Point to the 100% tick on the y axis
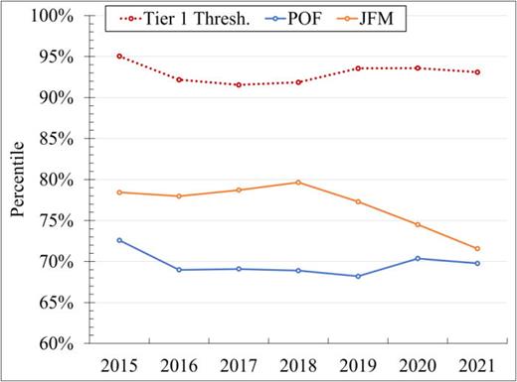tap(52, 16)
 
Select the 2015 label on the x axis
tap(119, 364)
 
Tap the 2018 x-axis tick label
tap(298, 364)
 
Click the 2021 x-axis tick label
tap(477, 364)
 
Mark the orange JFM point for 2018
tap(298, 183)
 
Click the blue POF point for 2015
tap(119, 240)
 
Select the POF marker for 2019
tap(358, 277)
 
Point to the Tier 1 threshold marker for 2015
tap(119, 57)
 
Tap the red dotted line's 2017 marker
tap(239, 85)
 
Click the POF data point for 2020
tap(418, 259)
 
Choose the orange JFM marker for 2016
tap(179, 196)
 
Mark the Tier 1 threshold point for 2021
tap(477, 72)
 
